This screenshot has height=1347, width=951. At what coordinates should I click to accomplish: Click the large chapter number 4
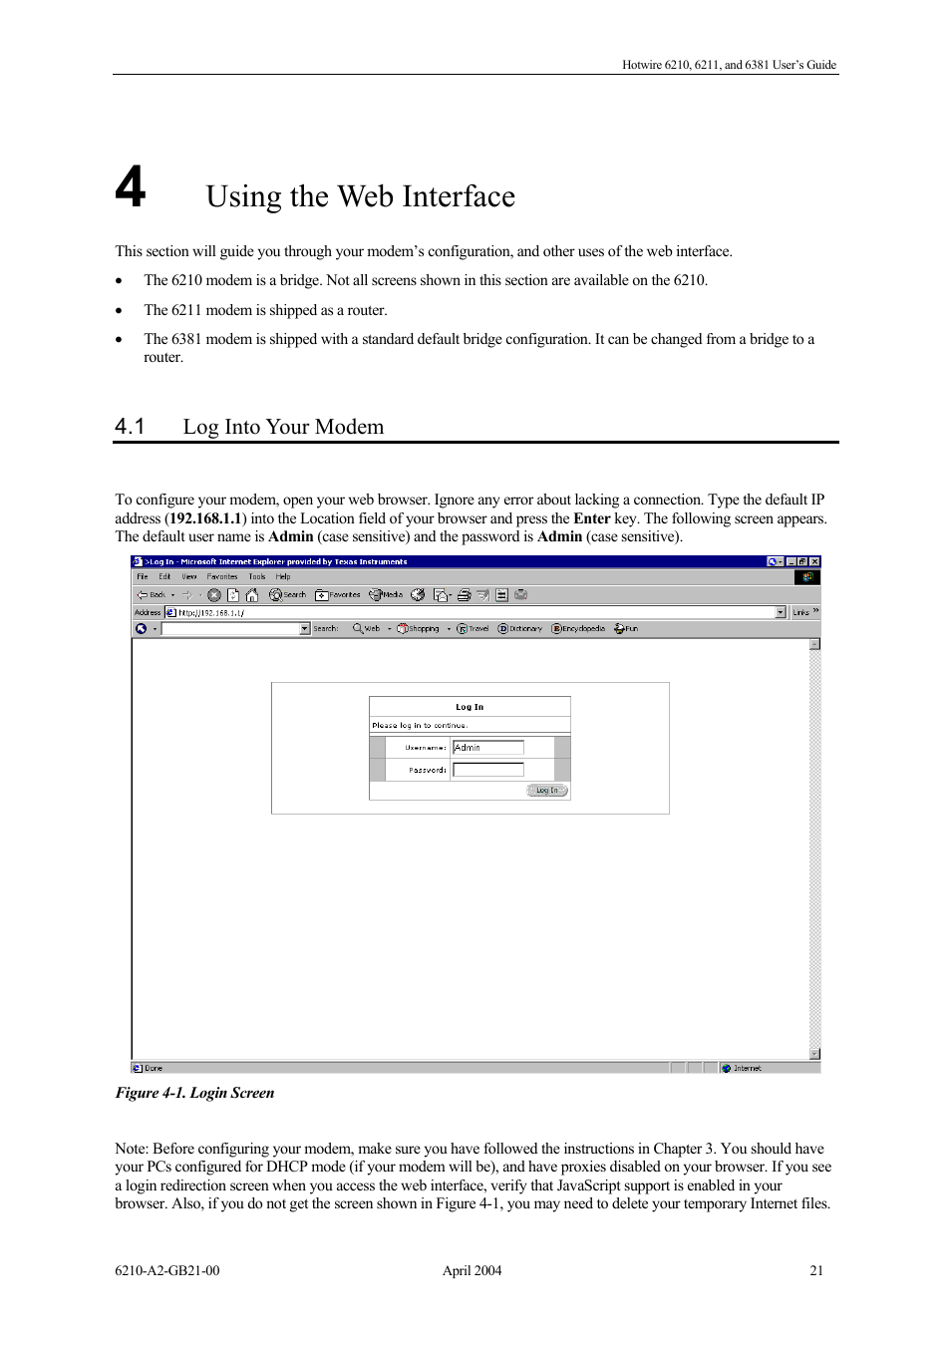tap(131, 187)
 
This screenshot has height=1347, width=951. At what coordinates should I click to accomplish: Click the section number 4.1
tap(130, 427)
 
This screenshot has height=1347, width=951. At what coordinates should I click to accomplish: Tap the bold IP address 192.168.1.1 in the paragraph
tap(205, 518)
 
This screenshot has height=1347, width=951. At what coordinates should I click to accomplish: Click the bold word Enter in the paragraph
tap(591, 518)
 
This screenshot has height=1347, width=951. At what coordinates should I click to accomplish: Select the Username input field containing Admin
tap(487, 748)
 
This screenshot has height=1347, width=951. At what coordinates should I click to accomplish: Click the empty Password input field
tap(487, 770)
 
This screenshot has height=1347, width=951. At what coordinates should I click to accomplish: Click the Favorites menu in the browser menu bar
tap(222, 576)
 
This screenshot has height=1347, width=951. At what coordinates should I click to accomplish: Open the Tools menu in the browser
tap(257, 576)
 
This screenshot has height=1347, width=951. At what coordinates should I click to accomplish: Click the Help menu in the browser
tap(283, 576)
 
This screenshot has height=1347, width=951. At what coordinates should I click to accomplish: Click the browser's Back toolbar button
tap(151, 595)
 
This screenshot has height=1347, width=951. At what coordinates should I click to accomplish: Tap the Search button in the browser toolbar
tap(288, 595)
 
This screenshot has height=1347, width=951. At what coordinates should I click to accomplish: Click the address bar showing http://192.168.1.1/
tap(469, 613)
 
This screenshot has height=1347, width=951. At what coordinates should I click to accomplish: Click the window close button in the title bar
tap(814, 562)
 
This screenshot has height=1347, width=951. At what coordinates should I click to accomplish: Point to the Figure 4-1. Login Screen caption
tap(194, 1093)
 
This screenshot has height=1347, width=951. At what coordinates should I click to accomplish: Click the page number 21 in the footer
tap(816, 1271)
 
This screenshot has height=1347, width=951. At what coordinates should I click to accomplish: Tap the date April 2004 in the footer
tap(472, 1271)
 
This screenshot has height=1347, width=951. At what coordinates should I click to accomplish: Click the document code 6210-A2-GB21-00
tap(167, 1271)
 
